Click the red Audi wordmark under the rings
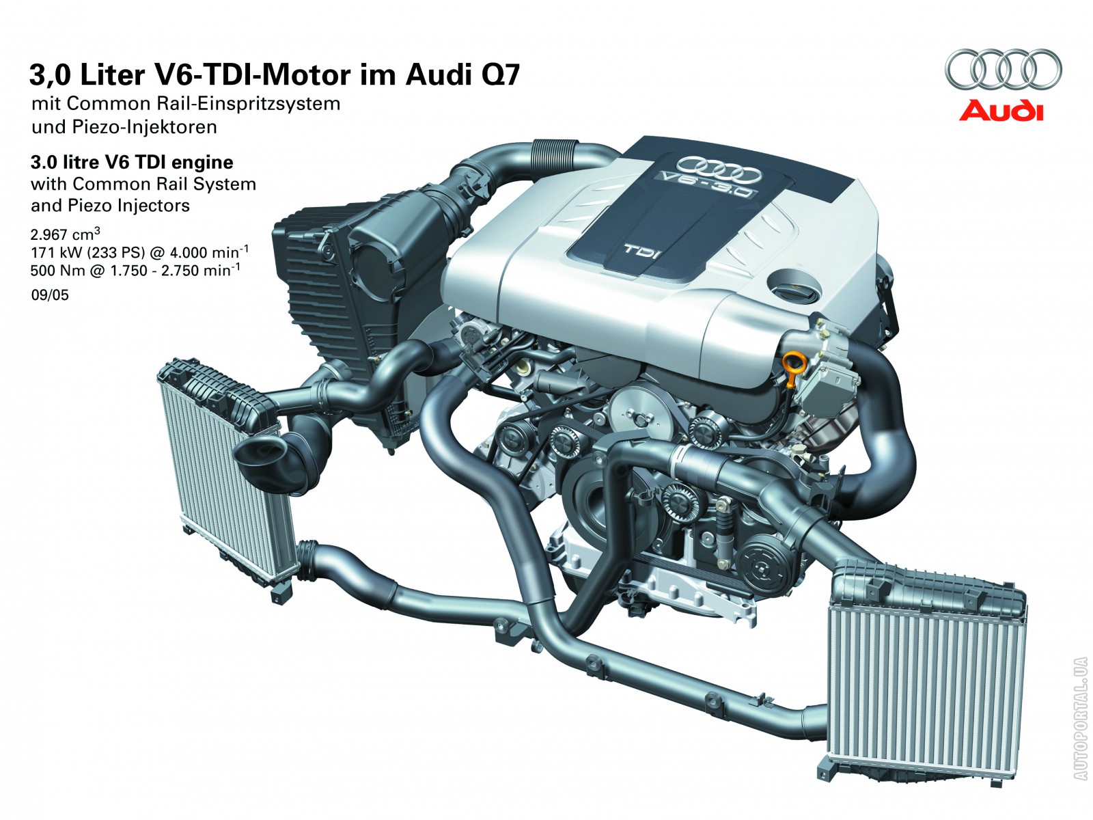[1000, 110]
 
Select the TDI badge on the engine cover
[642, 250]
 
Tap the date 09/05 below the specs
[50, 295]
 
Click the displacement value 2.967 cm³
[65, 234]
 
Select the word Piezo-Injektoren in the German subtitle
[144, 127]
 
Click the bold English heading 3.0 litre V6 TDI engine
[132, 163]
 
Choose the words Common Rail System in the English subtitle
[165, 184]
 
